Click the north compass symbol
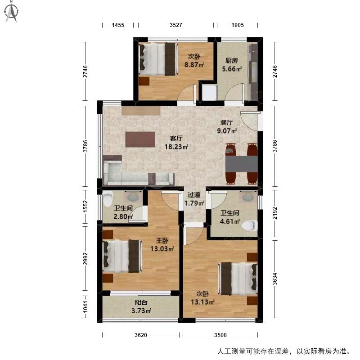coord(12,12)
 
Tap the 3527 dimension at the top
coord(176,25)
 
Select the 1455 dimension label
coord(118,25)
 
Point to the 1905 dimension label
coord(238,25)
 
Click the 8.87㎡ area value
coord(194,65)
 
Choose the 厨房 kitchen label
coord(231,61)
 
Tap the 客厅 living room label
coord(176,138)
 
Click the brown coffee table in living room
coord(140,139)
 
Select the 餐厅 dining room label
coord(227,122)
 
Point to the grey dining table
coord(241,164)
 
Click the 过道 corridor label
coord(194,195)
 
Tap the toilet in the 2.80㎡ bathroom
coord(108,199)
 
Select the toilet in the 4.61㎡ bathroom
coord(250,225)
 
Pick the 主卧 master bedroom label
coord(162,241)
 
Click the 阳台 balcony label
coord(141,302)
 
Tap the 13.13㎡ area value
coord(202,301)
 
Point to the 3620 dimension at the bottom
coord(141,335)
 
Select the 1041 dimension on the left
coord(85,307)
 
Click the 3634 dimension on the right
coord(275,279)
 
